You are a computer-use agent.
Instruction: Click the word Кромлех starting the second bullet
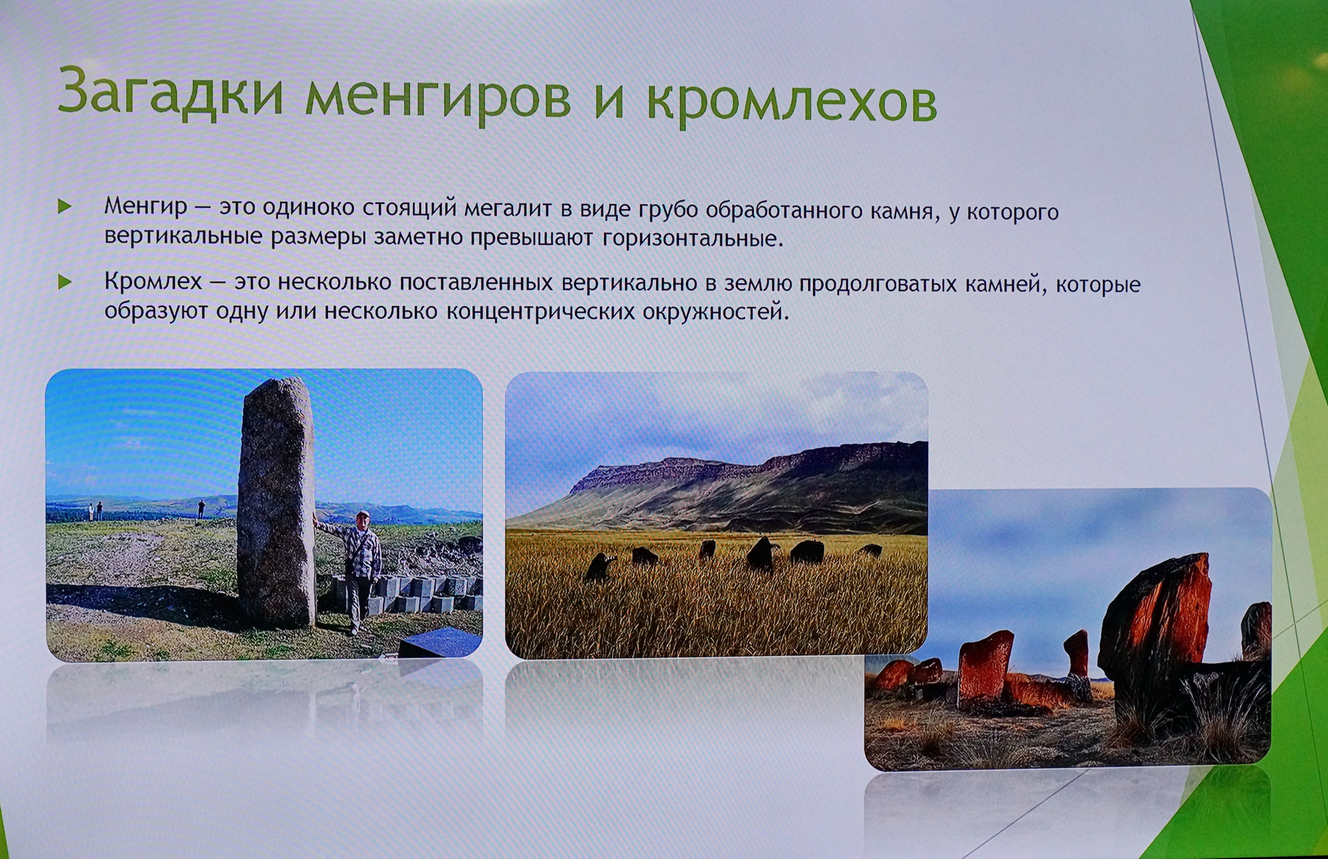154,282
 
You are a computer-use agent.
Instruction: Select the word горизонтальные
693,239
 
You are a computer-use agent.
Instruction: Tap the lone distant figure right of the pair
201,509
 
